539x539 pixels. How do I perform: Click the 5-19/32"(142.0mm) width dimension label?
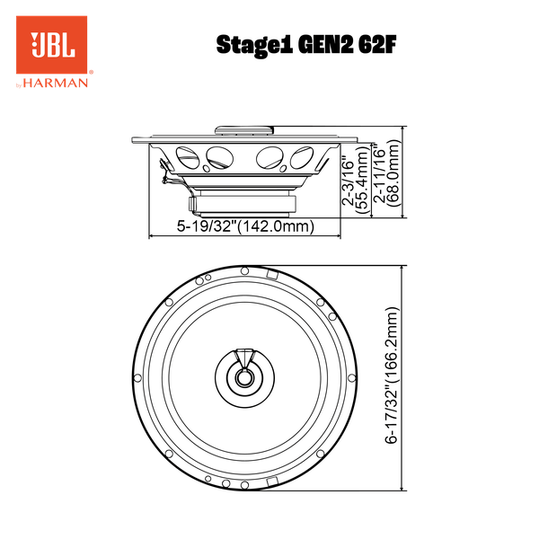tap(244, 227)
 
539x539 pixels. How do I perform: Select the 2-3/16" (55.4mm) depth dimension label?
tap(356, 183)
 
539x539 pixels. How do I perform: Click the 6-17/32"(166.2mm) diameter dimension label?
tap(392, 377)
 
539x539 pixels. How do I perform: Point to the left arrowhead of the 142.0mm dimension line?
tap(151, 236)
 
